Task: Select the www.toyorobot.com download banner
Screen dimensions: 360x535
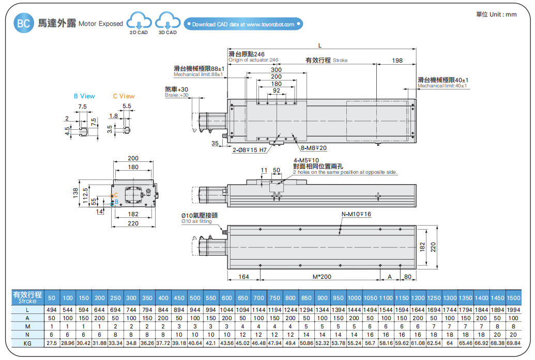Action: click(243, 24)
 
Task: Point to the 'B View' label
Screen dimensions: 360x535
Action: click(84, 96)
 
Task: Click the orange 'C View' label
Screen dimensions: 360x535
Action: click(124, 96)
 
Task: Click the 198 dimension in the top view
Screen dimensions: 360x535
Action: click(396, 61)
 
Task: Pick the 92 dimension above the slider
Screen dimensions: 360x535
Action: click(276, 91)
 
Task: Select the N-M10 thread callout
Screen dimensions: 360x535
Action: click(356, 214)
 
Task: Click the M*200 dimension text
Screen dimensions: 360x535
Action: click(322, 277)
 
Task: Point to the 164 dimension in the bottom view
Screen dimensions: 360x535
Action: click(243, 277)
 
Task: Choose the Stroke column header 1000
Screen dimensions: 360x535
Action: click(354, 298)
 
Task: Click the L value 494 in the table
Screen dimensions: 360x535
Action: click(52, 309)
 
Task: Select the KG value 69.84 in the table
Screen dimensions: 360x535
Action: click(513, 343)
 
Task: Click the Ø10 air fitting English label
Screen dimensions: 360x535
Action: click(196, 221)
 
